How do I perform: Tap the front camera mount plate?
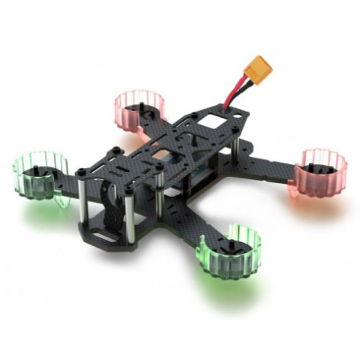112,203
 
